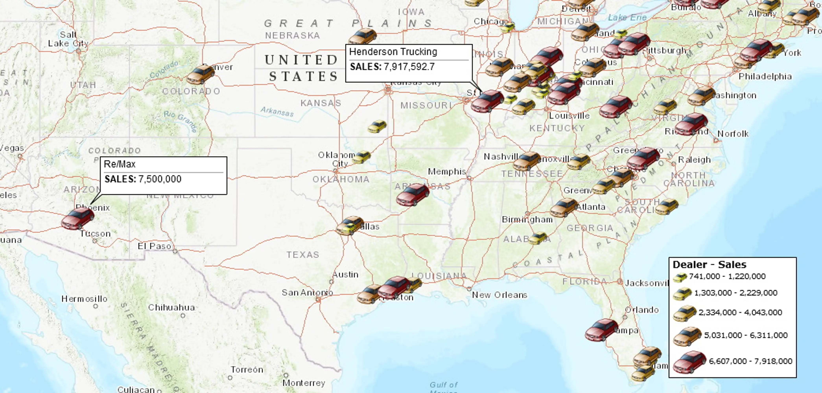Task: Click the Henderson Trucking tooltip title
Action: (393, 52)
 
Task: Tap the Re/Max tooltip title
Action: (120, 164)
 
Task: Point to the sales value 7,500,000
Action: (159, 179)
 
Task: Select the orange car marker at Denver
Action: (200, 75)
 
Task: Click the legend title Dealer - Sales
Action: (709, 264)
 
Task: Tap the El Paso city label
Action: (154, 246)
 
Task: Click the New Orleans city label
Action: (499, 295)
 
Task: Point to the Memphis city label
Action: (447, 172)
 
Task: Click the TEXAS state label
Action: (302, 255)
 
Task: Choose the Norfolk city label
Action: (733, 134)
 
